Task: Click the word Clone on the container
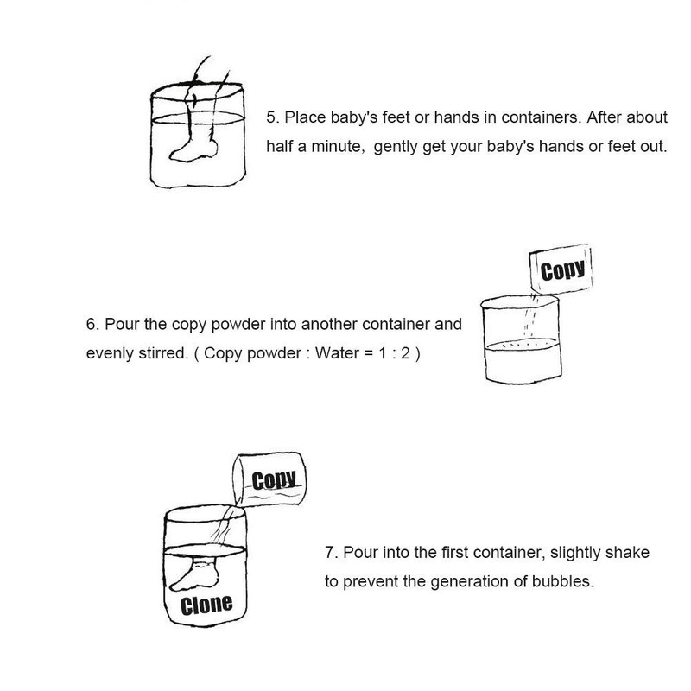(x=206, y=605)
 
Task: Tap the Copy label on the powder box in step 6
(x=563, y=270)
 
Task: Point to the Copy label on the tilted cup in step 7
(x=274, y=480)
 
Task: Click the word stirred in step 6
(x=163, y=353)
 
